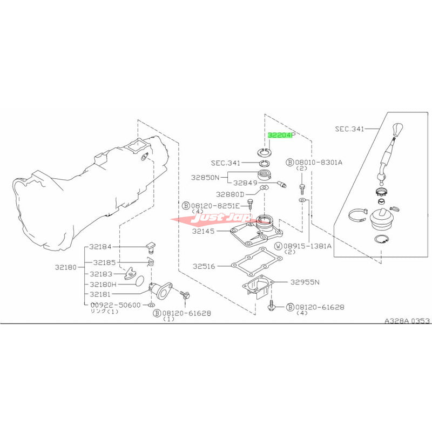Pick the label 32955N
[305, 282]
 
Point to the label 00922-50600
[115, 305]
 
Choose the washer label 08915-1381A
[308, 245]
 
